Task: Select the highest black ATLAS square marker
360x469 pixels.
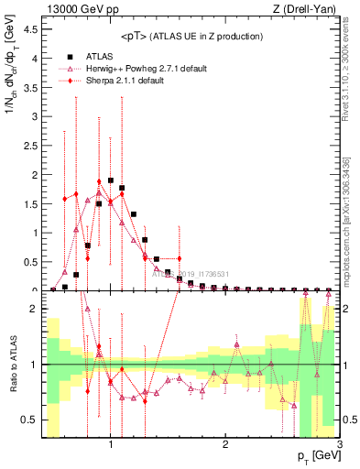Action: click(111, 180)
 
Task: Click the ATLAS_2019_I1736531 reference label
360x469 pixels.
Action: click(191, 273)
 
